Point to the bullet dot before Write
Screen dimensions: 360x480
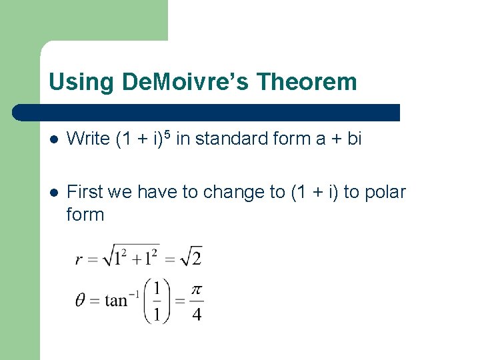[54, 139]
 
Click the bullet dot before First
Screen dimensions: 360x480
[54, 193]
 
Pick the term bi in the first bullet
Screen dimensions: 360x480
[353, 139]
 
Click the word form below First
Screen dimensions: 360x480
[85, 215]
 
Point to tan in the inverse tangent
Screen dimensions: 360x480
[116, 301]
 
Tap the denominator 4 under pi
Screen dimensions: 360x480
[196, 313]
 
